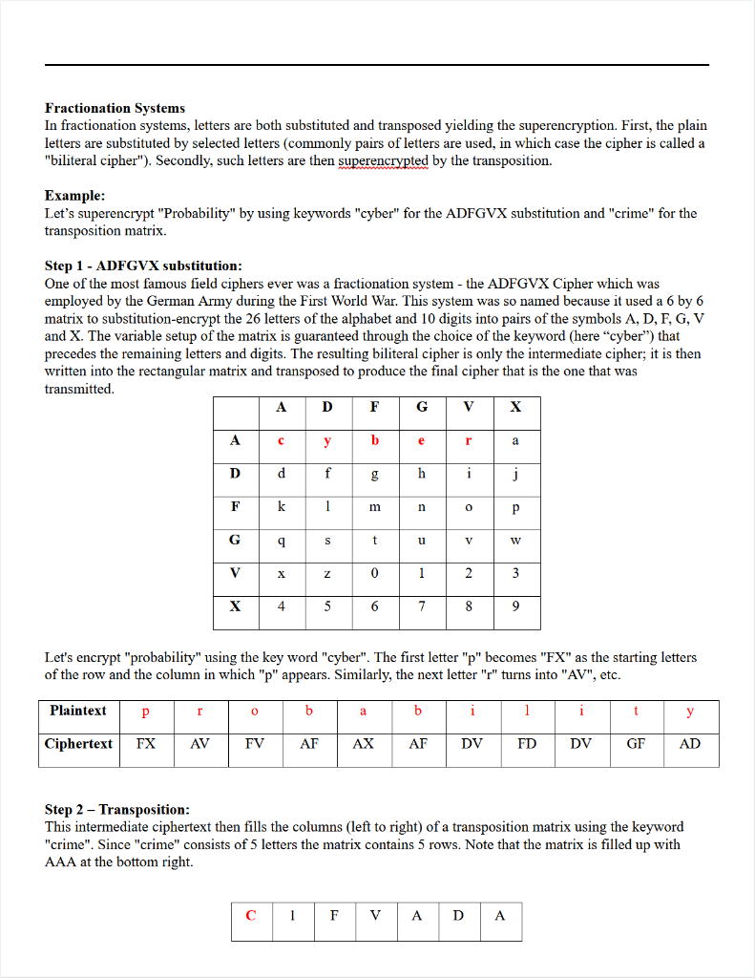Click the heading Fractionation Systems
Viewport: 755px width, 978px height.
point(115,108)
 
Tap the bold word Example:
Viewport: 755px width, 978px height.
point(74,196)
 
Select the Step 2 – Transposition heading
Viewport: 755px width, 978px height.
point(116,809)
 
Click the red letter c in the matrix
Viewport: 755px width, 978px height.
point(282,440)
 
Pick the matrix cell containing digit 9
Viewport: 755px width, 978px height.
point(515,606)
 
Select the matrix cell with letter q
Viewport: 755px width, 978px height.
point(282,540)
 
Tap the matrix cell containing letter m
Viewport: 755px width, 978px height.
point(374,507)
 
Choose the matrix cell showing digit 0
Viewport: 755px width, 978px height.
point(374,573)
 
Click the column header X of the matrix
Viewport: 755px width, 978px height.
point(515,407)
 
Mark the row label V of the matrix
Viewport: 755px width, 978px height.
point(235,573)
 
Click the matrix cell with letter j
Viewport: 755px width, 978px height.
point(515,474)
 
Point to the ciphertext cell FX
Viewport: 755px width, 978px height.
point(146,744)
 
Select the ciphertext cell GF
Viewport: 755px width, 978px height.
point(636,744)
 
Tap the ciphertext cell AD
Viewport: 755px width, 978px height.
point(690,744)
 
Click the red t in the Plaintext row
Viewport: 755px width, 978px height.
point(636,712)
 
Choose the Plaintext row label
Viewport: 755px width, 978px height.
point(78,711)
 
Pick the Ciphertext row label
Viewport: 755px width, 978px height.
point(80,744)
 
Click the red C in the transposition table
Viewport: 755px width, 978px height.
point(251,915)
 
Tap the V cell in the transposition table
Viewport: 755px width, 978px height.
point(375,915)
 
